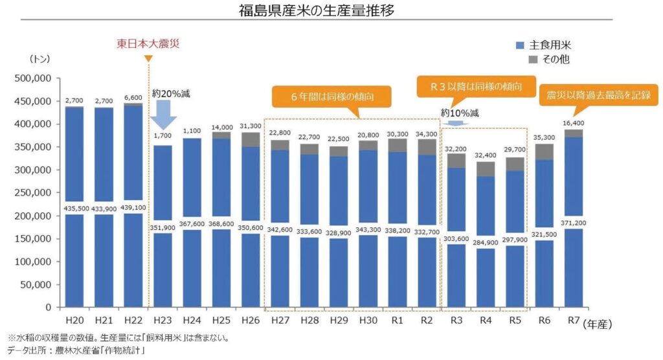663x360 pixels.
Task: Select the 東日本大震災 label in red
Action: tap(148, 45)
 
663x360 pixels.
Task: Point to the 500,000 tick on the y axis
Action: tap(32, 78)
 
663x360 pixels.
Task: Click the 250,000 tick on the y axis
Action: tap(32, 193)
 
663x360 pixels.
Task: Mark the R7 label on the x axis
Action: tap(572, 321)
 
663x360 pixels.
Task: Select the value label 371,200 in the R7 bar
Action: tap(572, 221)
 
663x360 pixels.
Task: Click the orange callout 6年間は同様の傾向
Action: tap(331, 97)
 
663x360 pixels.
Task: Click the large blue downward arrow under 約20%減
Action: tap(163, 122)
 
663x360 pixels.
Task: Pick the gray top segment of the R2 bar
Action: tap(427, 147)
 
